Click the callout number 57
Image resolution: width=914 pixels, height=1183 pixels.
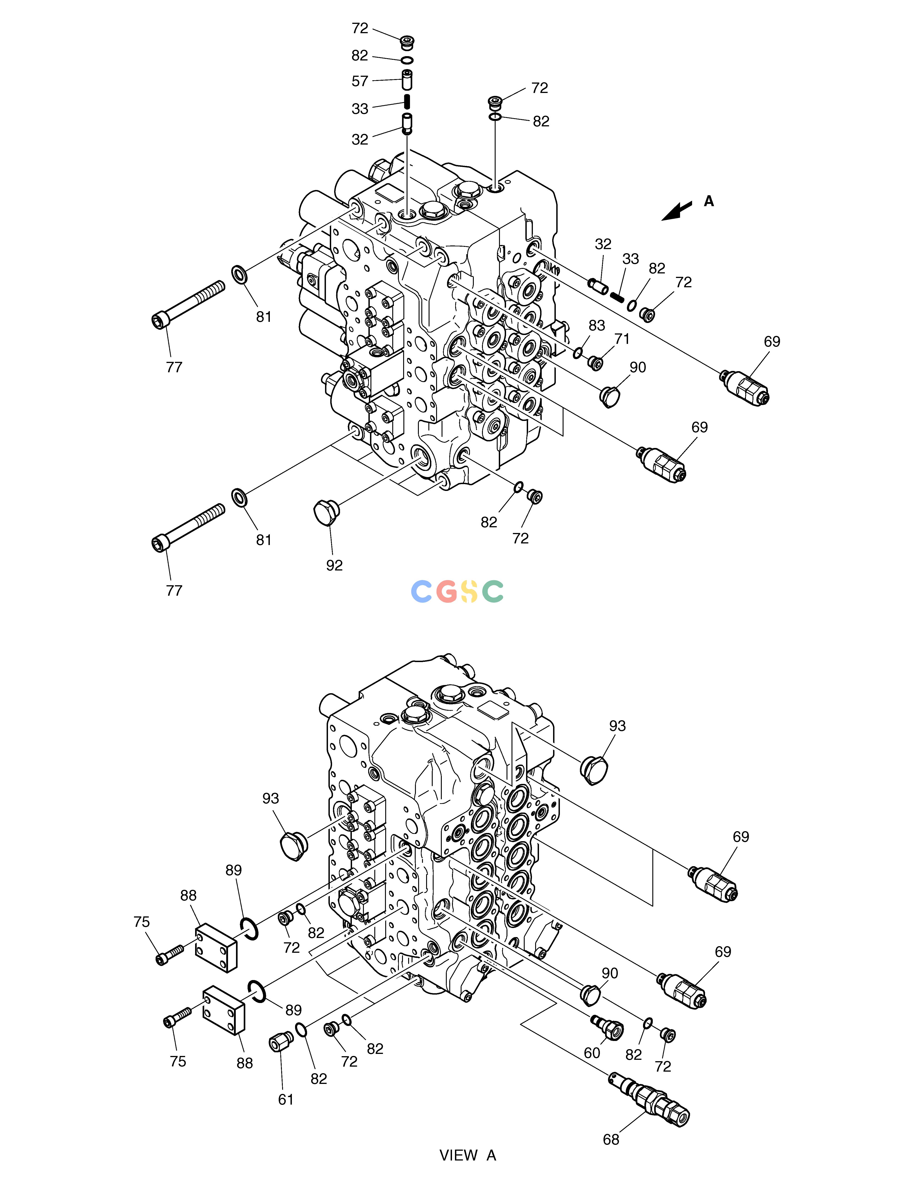pyautogui.click(x=360, y=81)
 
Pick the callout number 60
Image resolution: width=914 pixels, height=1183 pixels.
pyautogui.click(x=592, y=1053)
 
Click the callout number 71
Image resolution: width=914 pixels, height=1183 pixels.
pyautogui.click(x=622, y=339)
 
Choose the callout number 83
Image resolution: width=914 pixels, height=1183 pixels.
pyautogui.click(x=597, y=325)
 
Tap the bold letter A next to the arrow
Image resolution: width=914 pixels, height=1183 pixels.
pyautogui.click(x=709, y=202)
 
